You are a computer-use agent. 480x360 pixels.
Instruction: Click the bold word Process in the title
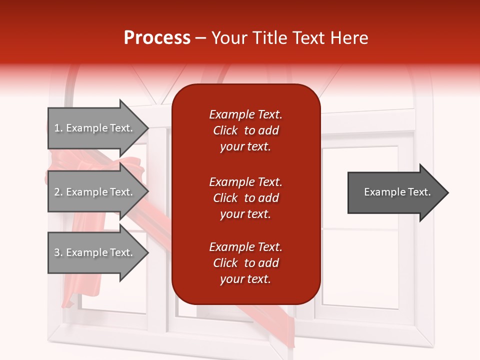(157, 38)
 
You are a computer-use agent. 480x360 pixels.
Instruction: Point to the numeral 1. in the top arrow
(58, 128)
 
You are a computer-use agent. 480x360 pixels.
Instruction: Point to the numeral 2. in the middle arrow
(58, 192)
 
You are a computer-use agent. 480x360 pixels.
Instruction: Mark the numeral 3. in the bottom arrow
(58, 252)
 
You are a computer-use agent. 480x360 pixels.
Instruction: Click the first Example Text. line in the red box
(245, 114)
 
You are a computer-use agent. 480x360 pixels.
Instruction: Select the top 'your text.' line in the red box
(245, 147)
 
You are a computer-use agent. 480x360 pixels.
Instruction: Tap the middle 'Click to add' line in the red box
(245, 198)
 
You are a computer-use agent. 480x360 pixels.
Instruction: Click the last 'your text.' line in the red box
(245, 279)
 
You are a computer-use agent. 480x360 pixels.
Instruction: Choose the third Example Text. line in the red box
(245, 247)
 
